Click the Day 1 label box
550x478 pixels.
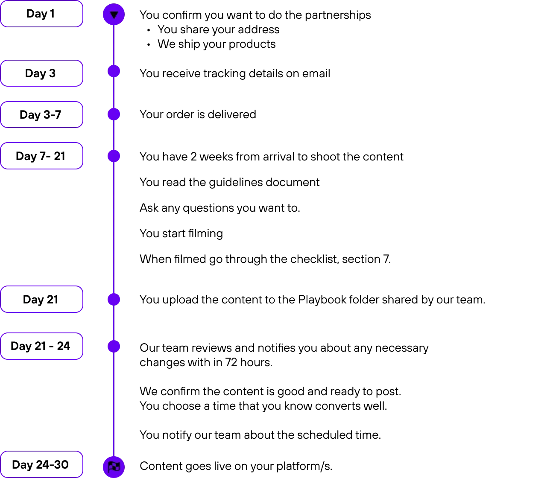[x=42, y=14]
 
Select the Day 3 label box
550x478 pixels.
[x=42, y=73]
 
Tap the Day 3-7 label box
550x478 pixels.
[x=42, y=114]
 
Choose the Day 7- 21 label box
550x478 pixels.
[x=42, y=156]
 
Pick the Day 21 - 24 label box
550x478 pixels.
[x=42, y=346]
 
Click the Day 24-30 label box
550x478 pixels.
[x=42, y=465]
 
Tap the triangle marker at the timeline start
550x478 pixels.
[x=114, y=15]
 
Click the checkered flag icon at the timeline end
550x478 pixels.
[x=114, y=467]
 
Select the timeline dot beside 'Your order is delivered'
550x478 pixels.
[x=114, y=114]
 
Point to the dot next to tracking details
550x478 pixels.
[x=114, y=71]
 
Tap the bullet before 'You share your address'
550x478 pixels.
[x=148, y=30]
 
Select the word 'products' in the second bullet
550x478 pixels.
[x=252, y=44]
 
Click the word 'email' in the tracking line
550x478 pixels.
[x=316, y=73]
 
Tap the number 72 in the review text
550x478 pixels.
[x=231, y=362]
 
